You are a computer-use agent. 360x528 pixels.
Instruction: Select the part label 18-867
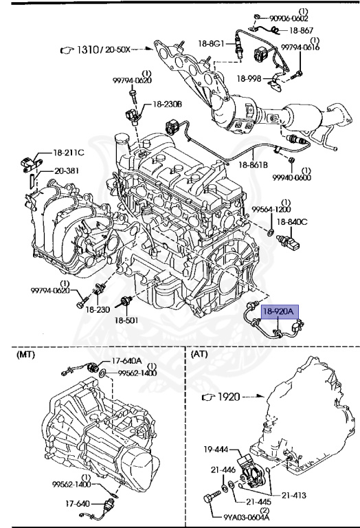click(302, 30)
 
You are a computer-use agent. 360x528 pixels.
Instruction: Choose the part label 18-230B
click(167, 104)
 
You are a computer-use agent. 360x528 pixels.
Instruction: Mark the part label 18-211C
click(69, 153)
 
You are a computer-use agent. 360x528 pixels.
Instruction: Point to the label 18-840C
click(292, 221)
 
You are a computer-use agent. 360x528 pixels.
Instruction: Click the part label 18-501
click(127, 320)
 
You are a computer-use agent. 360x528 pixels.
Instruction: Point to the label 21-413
click(295, 494)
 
